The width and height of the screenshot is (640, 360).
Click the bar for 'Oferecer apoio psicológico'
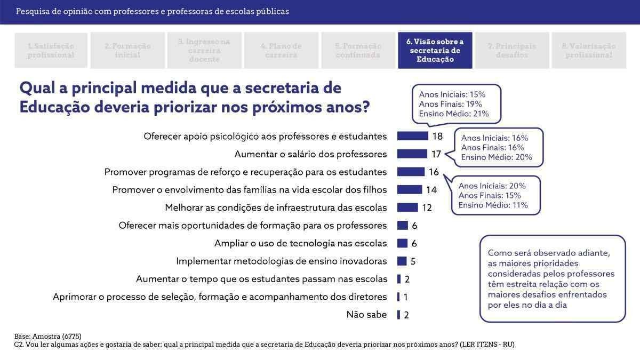pyautogui.click(x=412, y=136)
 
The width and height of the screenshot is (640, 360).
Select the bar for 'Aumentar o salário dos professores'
pyautogui.click(x=412, y=154)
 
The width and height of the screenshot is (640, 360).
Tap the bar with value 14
pyautogui.click(x=409, y=189)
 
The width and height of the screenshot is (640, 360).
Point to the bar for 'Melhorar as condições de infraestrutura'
pyautogui.click(x=407, y=207)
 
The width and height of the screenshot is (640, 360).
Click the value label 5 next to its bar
pyautogui.click(x=413, y=261)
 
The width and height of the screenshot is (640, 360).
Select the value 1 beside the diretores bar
pyautogui.click(x=406, y=297)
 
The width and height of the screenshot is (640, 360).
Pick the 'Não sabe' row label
pyautogui.click(x=366, y=315)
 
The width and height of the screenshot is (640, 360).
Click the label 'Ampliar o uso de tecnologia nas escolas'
pyautogui.click(x=300, y=243)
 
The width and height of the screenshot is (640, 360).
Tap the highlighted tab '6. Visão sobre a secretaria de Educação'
pyautogui.click(x=435, y=51)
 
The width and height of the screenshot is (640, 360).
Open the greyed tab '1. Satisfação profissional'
pyautogui.click(x=51, y=51)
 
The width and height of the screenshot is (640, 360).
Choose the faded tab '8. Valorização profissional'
pyautogui.click(x=588, y=51)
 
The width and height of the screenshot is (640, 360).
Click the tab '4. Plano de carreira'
pyautogui.click(x=281, y=51)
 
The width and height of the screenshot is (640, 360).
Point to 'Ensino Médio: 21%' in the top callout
pyautogui.click(x=454, y=114)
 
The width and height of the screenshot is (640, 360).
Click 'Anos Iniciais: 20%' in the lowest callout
pyautogui.click(x=492, y=186)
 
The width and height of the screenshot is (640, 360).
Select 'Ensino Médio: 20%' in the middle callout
pyautogui.click(x=497, y=157)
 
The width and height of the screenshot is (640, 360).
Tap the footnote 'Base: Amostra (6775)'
pyautogui.click(x=47, y=337)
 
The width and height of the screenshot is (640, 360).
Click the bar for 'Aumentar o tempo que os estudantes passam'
pyautogui.click(x=399, y=279)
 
